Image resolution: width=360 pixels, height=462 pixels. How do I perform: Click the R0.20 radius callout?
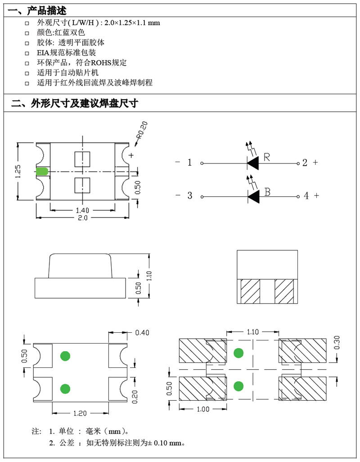click(142, 130)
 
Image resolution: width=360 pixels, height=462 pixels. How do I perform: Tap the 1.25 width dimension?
click(18, 171)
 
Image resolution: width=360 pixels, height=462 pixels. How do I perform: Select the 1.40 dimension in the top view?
click(82, 210)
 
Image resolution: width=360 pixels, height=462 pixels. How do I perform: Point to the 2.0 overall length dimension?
click(83, 218)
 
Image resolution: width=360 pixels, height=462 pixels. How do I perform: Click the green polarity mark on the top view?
click(42, 172)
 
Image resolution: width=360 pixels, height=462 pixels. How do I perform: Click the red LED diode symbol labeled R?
click(252, 163)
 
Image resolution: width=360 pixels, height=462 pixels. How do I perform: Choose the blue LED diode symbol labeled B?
click(253, 196)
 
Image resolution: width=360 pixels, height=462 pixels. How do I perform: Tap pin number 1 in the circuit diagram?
click(189, 163)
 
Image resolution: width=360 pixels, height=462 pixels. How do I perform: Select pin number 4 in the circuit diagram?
click(306, 195)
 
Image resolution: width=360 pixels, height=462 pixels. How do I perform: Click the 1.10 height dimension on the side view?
click(149, 276)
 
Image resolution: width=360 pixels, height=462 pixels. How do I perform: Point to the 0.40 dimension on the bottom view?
click(142, 333)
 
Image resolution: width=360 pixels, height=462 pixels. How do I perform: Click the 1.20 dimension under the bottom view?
click(80, 413)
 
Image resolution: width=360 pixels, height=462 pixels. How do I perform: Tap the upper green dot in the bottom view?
click(65, 356)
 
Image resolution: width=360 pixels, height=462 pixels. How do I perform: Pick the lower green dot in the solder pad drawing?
click(238, 386)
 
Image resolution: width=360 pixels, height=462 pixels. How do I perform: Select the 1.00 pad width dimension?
click(203, 409)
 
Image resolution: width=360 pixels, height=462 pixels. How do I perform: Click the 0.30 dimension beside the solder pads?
click(337, 342)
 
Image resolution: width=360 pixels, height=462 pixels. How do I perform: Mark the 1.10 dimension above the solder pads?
click(253, 332)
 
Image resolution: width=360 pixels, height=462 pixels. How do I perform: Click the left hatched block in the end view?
click(251, 291)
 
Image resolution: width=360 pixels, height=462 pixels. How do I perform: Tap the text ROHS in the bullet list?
click(101, 63)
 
